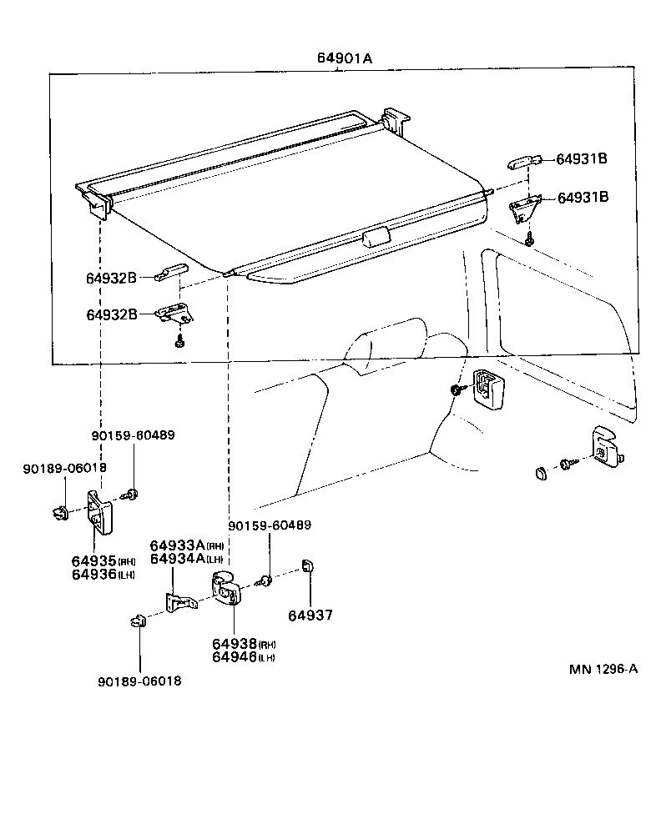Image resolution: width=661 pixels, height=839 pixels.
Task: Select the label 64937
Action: click(x=310, y=615)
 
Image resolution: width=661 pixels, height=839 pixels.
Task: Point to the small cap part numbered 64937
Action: click(x=307, y=566)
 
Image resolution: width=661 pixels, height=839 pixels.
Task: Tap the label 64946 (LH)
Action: click(x=243, y=657)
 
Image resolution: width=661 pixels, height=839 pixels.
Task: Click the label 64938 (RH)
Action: click(x=243, y=644)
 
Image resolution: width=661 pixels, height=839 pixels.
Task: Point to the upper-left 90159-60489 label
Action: click(x=134, y=435)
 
